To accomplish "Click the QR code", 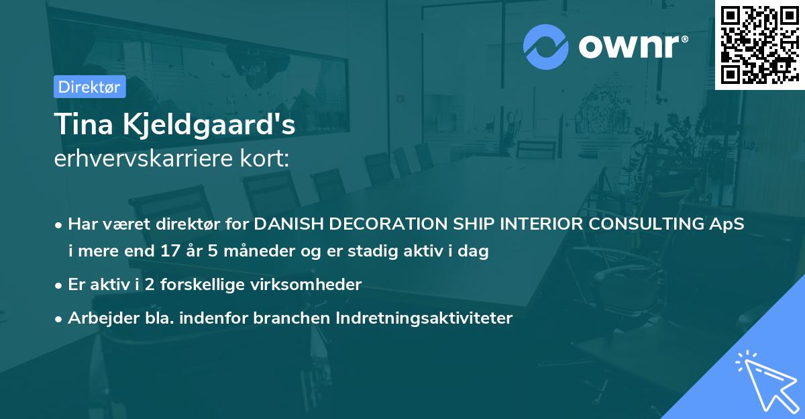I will (x=759, y=45).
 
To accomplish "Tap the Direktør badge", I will (x=89, y=87).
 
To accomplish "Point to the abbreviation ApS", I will (x=729, y=224).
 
